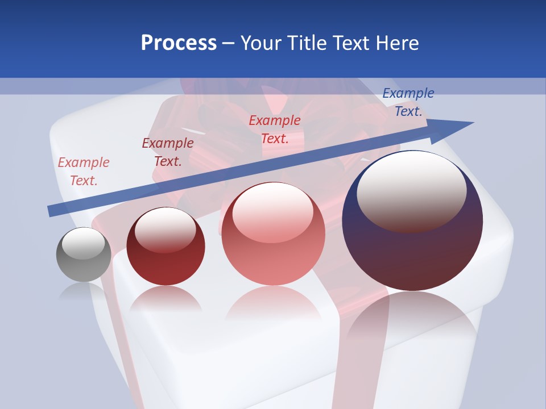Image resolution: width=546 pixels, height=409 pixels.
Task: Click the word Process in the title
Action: click(x=179, y=43)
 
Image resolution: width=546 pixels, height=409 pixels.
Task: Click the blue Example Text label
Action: click(x=408, y=102)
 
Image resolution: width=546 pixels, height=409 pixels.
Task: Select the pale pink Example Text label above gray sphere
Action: click(x=84, y=172)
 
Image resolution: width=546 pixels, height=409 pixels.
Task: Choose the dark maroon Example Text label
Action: click(x=168, y=152)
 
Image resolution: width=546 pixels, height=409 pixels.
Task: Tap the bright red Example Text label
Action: click(x=275, y=129)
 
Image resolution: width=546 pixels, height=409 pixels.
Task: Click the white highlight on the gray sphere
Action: click(x=84, y=243)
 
